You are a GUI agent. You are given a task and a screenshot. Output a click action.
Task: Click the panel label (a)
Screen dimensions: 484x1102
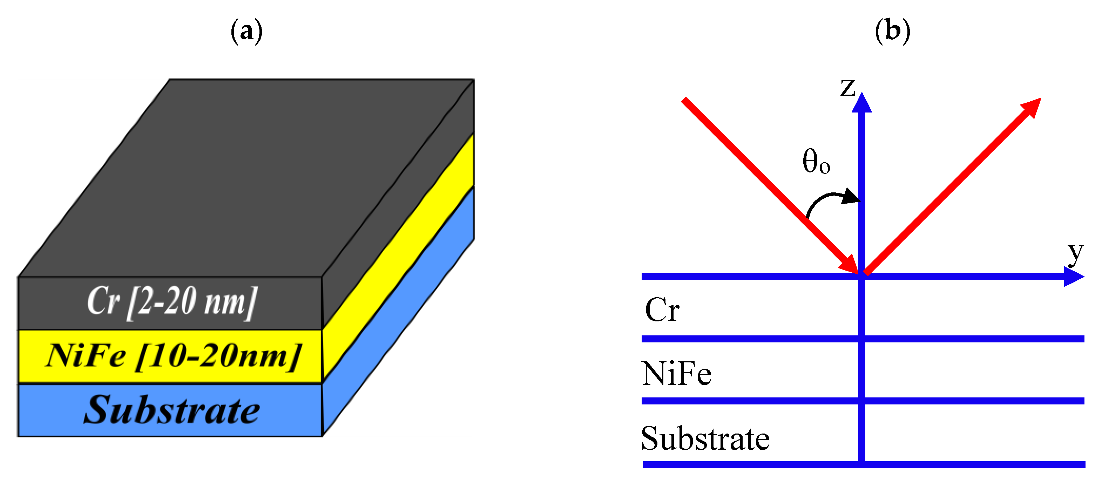246,31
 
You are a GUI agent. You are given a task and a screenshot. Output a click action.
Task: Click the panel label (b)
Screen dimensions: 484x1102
892,31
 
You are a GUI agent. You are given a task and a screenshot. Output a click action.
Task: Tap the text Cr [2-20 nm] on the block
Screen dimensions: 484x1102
172,302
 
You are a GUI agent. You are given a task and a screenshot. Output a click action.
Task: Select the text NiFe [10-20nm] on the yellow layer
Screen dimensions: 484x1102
173,356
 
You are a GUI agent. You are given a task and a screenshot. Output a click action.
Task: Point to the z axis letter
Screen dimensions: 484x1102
847,87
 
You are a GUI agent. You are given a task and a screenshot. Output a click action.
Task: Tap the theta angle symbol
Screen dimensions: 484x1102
816,162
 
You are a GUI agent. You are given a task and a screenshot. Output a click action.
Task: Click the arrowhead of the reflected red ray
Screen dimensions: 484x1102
1031,107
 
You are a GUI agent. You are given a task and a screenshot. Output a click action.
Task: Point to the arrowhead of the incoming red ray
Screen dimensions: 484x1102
849,264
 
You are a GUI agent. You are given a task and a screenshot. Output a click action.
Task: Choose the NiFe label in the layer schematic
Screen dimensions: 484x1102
676,374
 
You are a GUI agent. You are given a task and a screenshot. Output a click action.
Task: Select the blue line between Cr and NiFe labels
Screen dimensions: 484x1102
749,339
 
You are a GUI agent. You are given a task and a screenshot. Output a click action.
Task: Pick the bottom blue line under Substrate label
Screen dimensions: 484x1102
749,465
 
